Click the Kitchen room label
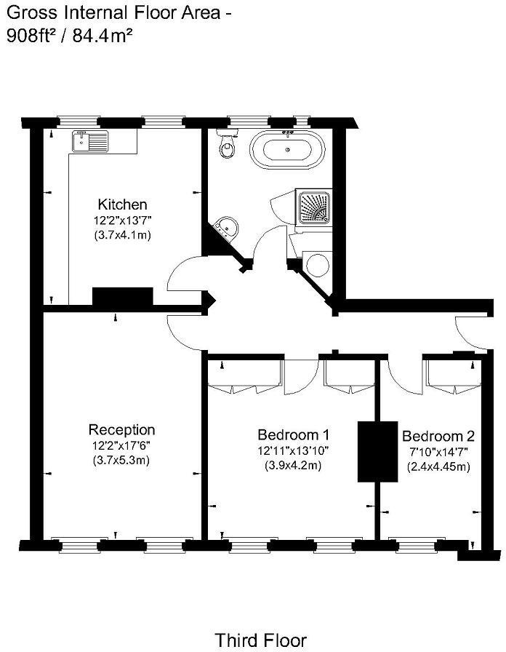click(123, 204)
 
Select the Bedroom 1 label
click(293, 435)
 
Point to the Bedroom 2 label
click(438, 436)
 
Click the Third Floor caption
click(261, 640)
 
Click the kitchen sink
click(89, 141)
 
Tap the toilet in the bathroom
click(228, 143)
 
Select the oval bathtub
click(287, 150)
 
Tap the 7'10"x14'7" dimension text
click(438, 452)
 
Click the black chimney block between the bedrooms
click(377, 452)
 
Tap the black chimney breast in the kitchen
click(123, 297)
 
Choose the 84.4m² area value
click(103, 36)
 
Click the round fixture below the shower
click(317, 264)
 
